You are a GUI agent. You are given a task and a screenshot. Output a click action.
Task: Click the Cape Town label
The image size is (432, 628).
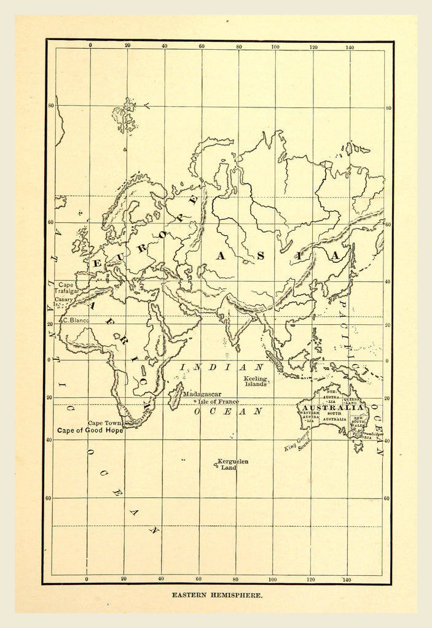[x=104, y=423]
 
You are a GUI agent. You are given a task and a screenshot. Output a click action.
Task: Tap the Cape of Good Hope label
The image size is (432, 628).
[x=90, y=431]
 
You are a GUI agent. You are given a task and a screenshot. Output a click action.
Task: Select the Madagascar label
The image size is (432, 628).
[x=202, y=394]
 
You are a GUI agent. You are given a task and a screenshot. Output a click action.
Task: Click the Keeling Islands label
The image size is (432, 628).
[x=256, y=381]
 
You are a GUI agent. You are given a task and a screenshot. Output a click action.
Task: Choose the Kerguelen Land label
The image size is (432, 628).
[x=232, y=464]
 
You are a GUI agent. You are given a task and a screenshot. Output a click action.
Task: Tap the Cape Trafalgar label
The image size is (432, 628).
[x=68, y=288]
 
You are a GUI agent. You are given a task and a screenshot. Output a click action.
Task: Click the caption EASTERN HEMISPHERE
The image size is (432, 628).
[x=218, y=595]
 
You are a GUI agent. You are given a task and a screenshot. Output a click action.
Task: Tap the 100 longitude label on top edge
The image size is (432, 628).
[x=275, y=46]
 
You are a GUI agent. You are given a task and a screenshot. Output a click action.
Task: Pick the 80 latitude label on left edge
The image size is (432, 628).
[x=51, y=106]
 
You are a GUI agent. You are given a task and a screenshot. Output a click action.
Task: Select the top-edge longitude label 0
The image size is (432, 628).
[x=90, y=46]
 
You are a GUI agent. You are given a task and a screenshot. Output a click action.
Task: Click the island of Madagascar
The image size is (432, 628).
[x=175, y=396]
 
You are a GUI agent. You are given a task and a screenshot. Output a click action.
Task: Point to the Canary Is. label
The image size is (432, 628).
[x=66, y=301]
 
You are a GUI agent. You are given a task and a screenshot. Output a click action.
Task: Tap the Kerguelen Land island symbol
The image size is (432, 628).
[x=216, y=465]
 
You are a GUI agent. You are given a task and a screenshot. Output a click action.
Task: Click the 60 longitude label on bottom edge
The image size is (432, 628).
[x=198, y=579]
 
